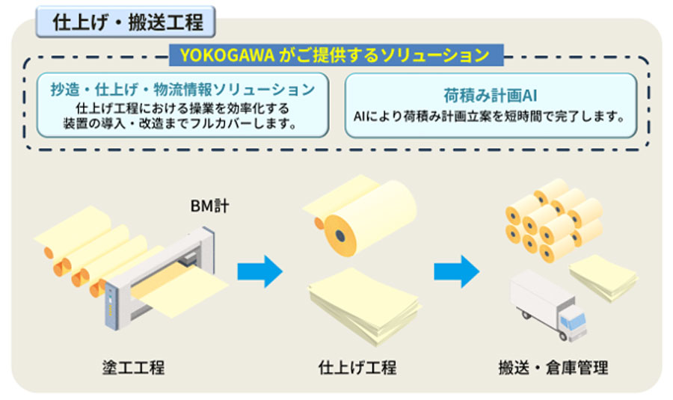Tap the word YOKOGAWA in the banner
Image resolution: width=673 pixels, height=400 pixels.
pyautogui.click(x=224, y=55)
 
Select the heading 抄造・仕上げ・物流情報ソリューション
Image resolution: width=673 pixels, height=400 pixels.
pyautogui.click(x=182, y=90)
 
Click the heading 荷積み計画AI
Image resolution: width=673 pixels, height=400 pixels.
pyautogui.click(x=491, y=96)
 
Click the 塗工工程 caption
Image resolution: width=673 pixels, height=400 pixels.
pyautogui.click(x=133, y=367)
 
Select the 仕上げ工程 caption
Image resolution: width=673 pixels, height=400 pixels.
pyautogui.click(x=357, y=367)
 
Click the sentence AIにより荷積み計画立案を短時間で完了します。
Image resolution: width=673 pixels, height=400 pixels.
pyautogui.click(x=491, y=118)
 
